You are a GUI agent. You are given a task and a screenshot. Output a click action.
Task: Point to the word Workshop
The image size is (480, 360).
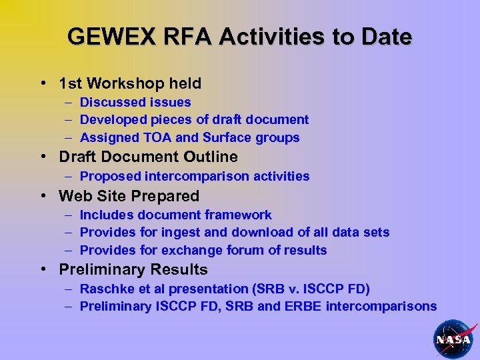tap(125, 83)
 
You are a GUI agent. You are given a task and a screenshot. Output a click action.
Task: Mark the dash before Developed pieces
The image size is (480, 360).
tap(69, 120)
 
